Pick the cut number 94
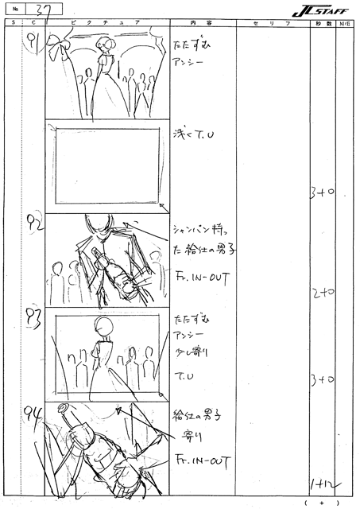pyautogui.click(x=33, y=412)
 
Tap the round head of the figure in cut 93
pyautogui.click(x=100, y=324)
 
